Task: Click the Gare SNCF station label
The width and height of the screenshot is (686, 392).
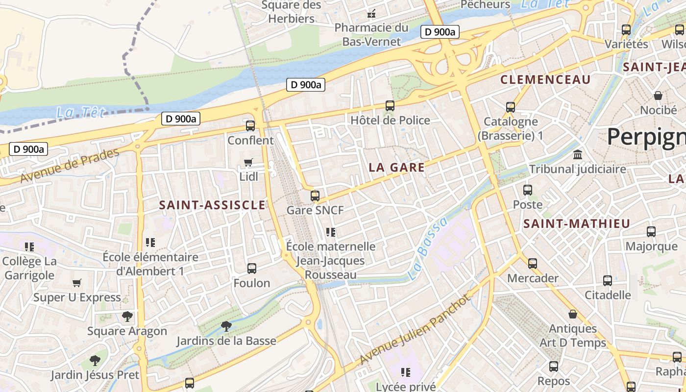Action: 315,210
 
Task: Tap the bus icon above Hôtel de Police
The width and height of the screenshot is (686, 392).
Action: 390,105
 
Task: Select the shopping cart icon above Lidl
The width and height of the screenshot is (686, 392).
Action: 248,162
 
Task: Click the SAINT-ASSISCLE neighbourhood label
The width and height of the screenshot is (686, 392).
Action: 212,205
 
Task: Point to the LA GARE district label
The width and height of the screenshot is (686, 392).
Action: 396,168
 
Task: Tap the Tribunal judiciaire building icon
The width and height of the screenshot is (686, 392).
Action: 578,155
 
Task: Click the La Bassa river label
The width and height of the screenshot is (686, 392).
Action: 427,249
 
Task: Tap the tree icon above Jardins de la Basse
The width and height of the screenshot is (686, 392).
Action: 226,325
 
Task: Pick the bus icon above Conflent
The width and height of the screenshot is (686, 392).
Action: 250,125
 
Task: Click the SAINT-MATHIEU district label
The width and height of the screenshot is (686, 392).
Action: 577,224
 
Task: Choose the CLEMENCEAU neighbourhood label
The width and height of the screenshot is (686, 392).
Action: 545,79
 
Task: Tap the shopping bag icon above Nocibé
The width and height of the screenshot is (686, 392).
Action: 658,95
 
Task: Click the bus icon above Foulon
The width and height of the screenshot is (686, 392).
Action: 252,268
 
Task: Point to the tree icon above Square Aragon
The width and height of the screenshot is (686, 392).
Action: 127,317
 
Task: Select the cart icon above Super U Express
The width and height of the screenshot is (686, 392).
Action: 76,283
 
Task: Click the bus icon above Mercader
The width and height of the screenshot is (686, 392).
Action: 533,264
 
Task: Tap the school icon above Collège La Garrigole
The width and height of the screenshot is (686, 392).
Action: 29,246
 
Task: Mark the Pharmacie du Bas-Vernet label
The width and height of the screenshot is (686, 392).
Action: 371,34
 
